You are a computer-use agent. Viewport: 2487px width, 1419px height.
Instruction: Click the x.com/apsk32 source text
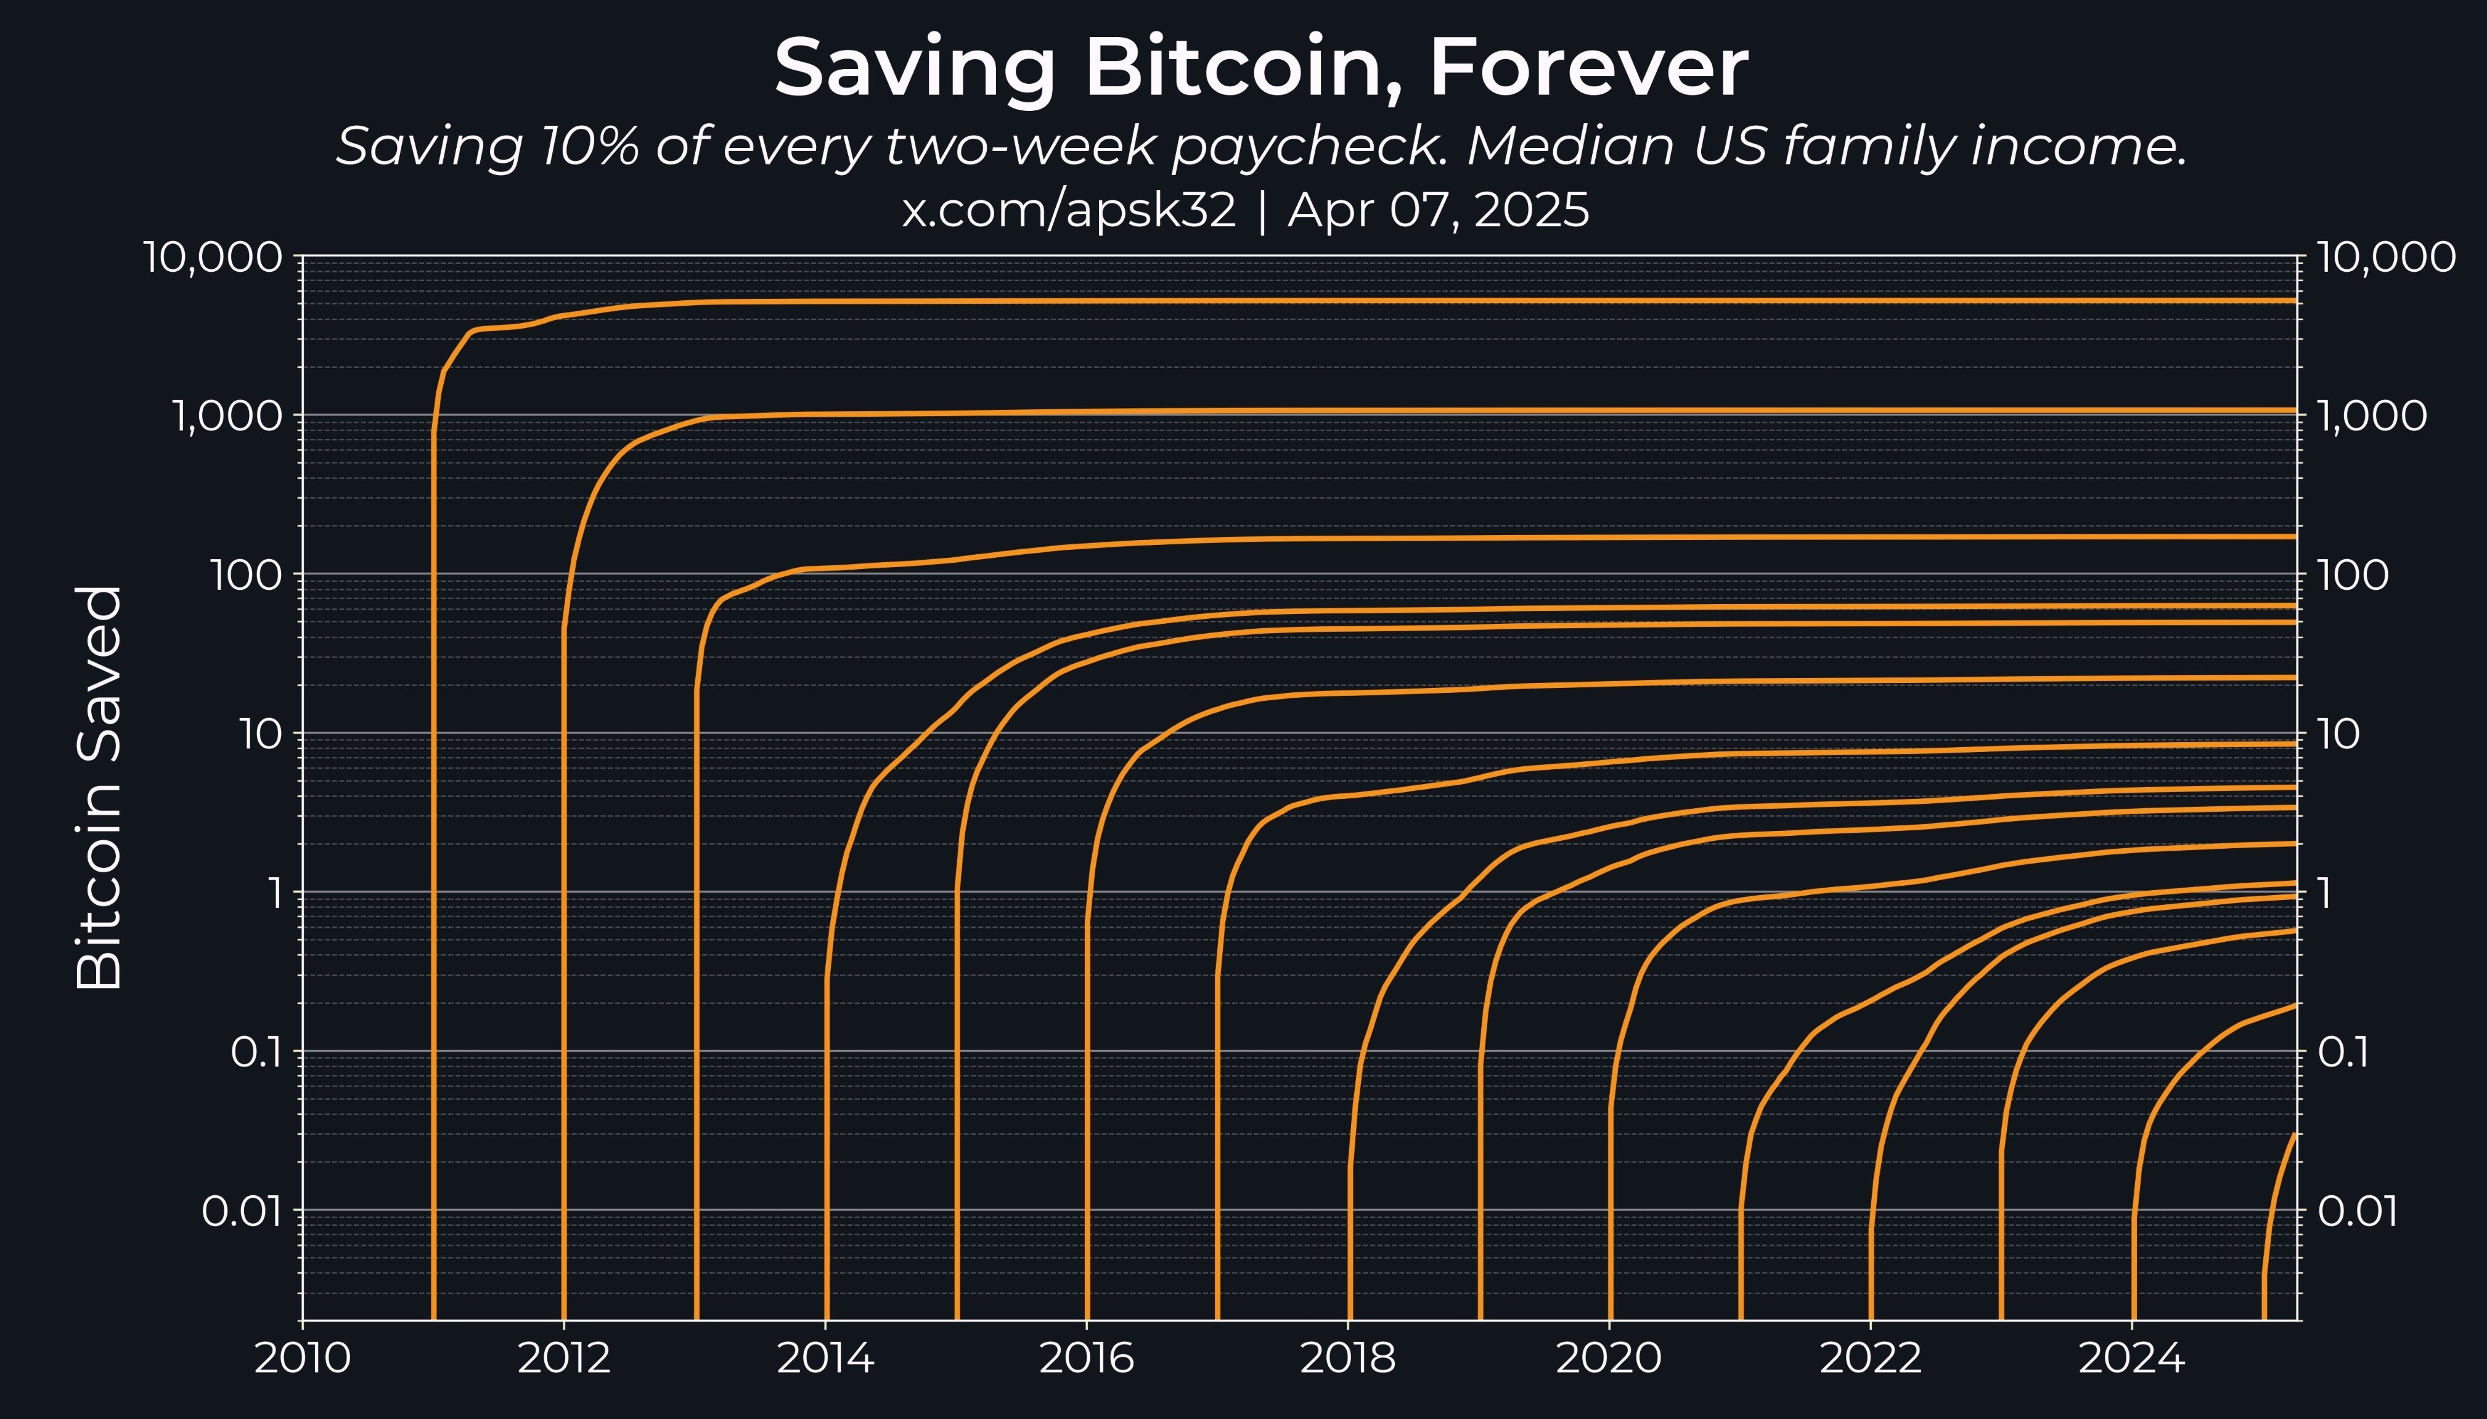(1068, 210)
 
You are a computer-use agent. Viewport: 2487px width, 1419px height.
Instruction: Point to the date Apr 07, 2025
(1439, 210)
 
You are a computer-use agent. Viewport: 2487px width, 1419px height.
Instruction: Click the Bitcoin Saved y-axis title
(99, 787)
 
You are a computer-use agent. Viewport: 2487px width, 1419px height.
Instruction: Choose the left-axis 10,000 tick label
(213, 258)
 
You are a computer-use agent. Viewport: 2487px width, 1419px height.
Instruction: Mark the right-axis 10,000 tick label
(2386, 258)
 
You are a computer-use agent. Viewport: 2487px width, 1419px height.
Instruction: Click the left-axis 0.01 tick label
(243, 1211)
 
